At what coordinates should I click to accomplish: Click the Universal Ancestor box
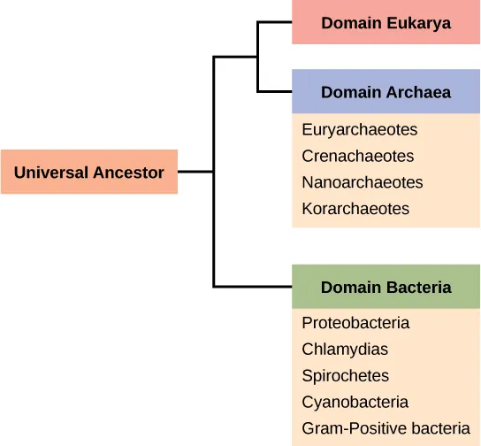[x=88, y=173]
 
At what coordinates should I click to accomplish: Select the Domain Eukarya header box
[x=386, y=23]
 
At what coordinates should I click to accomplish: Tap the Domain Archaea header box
[x=386, y=92]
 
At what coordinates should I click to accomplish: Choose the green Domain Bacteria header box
[x=386, y=288]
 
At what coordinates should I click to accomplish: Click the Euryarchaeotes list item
[x=360, y=130]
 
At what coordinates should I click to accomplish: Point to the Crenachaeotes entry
[x=358, y=157]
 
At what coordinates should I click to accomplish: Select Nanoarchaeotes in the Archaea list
[x=363, y=183]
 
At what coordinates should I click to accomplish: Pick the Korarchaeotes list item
[x=355, y=210]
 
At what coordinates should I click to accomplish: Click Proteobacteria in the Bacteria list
[x=355, y=323]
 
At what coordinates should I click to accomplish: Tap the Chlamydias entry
[x=345, y=350]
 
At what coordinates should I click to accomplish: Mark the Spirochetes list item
[x=345, y=376]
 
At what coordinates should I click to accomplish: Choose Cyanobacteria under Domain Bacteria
[x=355, y=403]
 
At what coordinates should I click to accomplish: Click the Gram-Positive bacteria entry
[x=386, y=429]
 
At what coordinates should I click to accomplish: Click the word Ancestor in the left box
[x=129, y=173]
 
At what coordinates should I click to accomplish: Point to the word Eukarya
[x=418, y=23]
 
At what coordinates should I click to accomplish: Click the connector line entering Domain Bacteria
[x=253, y=287]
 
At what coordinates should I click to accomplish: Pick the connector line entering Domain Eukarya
[x=275, y=23]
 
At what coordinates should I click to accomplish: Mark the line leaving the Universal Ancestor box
[x=195, y=172]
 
